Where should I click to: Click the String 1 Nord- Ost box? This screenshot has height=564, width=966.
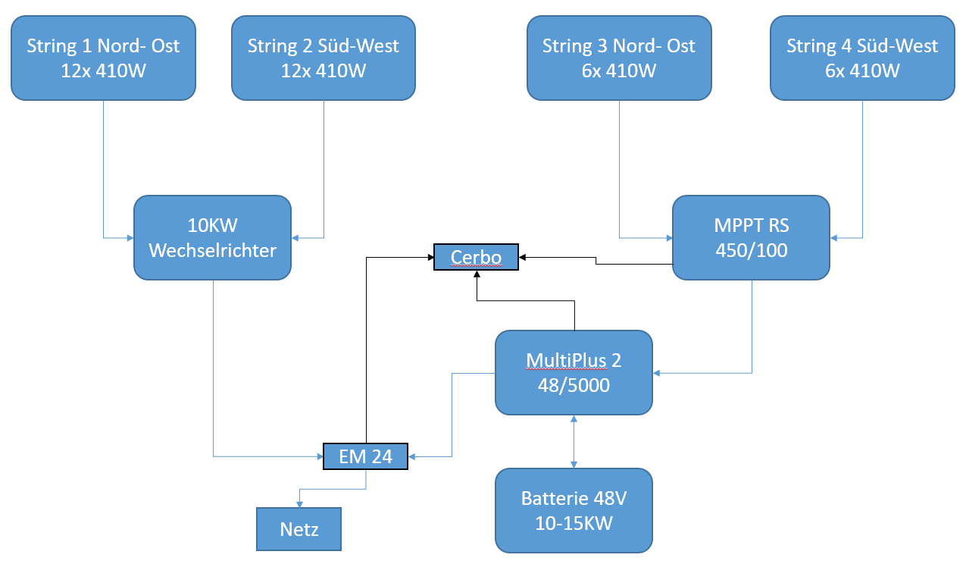pyautogui.click(x=104, y=58)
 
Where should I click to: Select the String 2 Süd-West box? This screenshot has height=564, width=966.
pyautogui.click(x=324, y=58)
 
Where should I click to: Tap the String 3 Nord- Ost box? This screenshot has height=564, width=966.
pyautogui.click(x=619, y=58)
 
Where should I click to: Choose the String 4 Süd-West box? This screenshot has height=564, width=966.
pyautogui.click(x=862, y=58)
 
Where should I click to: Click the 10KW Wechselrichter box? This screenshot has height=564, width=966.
pyautogui.click(x=213, y=238)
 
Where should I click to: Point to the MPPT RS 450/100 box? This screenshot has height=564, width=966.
pyautogui.click(x=752, y=238)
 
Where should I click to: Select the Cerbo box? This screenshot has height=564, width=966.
pyautogui.click(x=476, y=257)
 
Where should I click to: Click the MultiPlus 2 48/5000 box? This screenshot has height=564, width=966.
pyautogui.click(x=574, y=373)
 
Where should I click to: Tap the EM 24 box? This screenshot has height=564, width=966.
pyautogui.click(x=366, y=456)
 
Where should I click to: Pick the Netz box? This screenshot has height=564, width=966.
pyautogui.click(x=299, y=529)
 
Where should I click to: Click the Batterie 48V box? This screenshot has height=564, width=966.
pyautogui.click(x=574, y=510)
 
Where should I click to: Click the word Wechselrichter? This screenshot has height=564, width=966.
pyautogui.click(x=213, y=250)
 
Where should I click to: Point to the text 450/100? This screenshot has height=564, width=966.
pyautogui.click(x=752, y=250)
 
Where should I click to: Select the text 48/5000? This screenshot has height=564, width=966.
pyautogui.click(x=574, y=385)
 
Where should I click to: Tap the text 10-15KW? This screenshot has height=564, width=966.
pyautogui.click(x=574, y=523)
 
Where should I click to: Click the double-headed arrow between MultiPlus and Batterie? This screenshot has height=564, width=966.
pyautogui.click(x=574, y=442)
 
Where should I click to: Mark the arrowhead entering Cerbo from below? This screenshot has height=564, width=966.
pyautogui.click(x=477, y=274)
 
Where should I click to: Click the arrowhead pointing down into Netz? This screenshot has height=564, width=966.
pyautogui.click(x=300, y=504)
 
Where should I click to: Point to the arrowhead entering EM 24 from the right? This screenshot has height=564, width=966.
pyautogui.click(x=412, y=456)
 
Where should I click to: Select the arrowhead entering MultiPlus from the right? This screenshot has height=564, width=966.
pyautogui.click(x=656, y=373)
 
